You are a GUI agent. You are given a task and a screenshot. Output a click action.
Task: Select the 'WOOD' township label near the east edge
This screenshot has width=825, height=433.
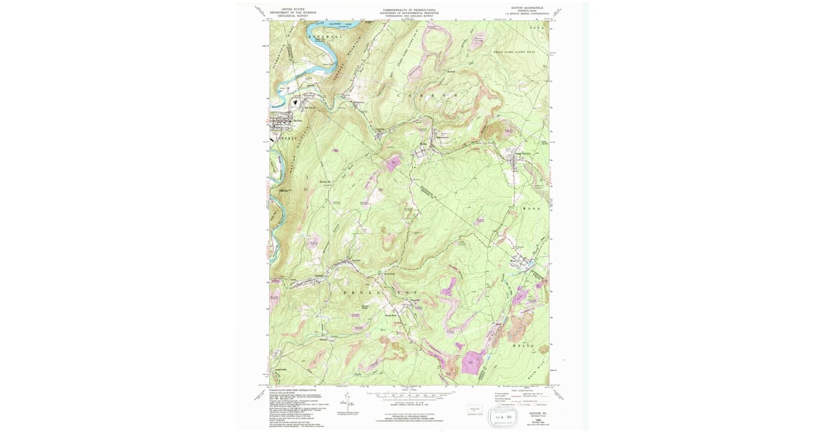coord(532,208)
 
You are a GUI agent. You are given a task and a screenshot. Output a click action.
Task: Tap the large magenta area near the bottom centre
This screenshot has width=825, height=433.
coord(472,362)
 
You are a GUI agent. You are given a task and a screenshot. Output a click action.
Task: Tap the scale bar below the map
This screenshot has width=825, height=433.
coord(410,396)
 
